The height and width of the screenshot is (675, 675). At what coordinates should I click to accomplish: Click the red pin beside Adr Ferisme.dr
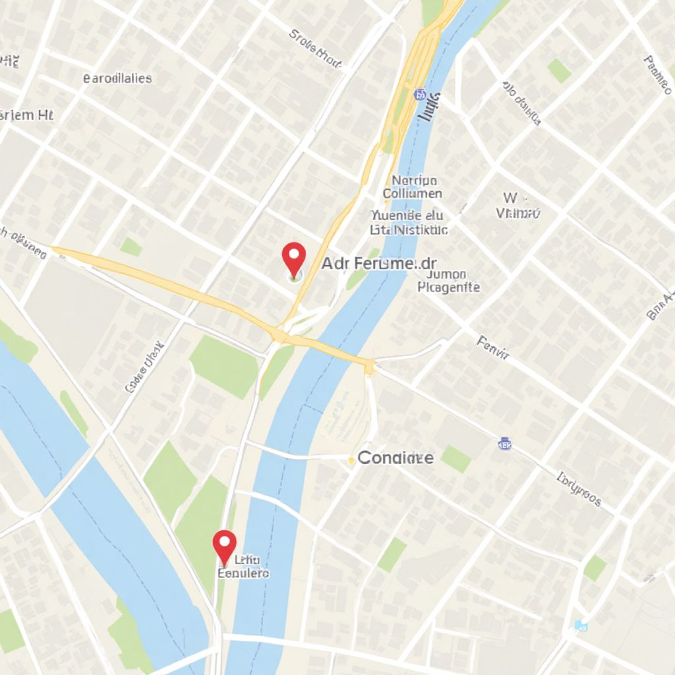[x=293, y=258]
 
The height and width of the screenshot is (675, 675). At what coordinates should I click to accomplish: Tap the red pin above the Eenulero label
[x=225, y=544]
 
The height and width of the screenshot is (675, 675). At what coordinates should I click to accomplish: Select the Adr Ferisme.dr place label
[x=379, y=264]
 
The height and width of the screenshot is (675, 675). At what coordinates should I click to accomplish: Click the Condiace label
[x=396, y=458]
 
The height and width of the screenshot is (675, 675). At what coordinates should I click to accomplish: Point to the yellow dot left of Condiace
[x=351, y=461]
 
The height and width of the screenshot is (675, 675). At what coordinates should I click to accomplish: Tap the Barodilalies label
[x=117, y=78]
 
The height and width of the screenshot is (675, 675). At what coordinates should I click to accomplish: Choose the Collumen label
[x=412, y=194]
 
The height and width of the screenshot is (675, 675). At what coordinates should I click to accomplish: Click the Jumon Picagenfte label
[x=449, y=281]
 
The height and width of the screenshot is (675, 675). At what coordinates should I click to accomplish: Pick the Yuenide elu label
[x=407, y=216]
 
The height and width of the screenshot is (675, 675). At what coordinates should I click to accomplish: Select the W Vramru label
[x=517, y=206]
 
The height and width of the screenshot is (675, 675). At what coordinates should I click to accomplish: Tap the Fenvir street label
[x=493, y=349]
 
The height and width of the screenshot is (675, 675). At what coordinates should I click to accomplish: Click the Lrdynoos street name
[x=579, y=489]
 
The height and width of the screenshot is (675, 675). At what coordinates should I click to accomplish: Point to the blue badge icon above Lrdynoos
[x=505, y=444]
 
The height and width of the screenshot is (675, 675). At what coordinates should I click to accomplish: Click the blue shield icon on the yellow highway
[x=419, y=95]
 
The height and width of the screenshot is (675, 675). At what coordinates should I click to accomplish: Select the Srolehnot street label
[x=316, y=49]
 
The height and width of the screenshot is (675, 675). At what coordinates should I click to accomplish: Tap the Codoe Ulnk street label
[x=143, y=367]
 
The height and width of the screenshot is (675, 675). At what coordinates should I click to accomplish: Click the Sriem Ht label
[x=26, y=115]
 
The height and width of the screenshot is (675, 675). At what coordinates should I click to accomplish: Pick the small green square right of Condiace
[x=456, y=458]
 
